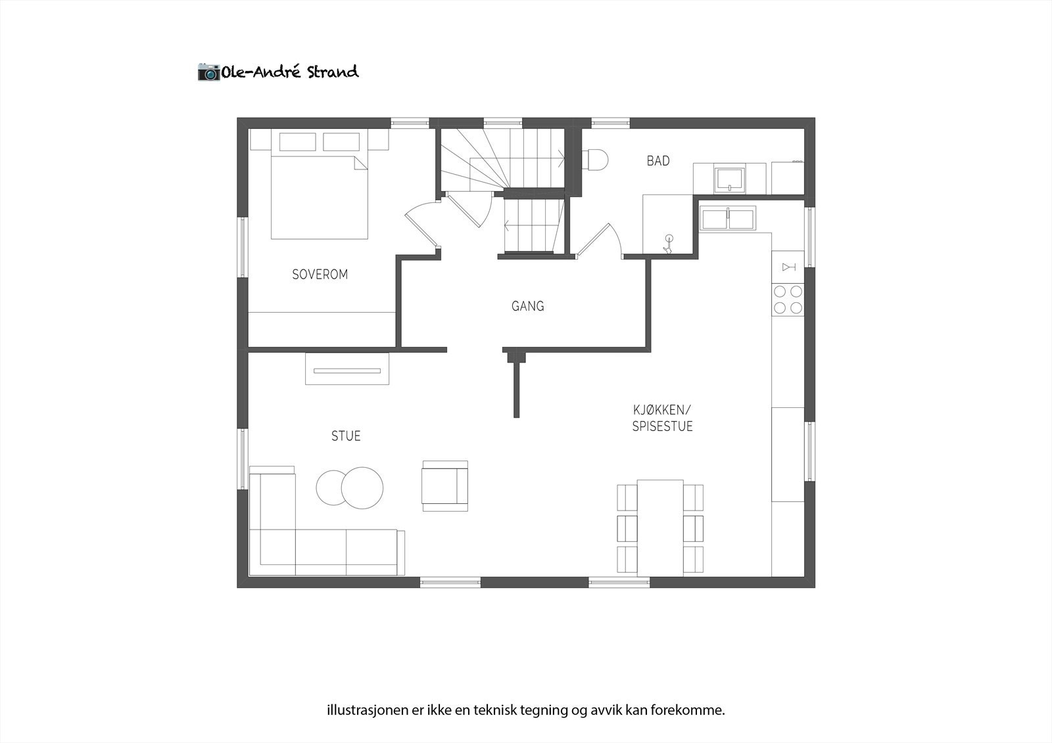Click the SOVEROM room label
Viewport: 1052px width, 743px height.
tap(320, 275)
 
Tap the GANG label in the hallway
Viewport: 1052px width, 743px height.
tap(527, 306)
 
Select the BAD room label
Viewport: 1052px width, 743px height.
tap(657, 161)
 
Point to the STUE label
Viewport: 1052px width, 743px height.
tap(346, 436)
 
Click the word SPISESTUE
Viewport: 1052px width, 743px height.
tap(662, 426)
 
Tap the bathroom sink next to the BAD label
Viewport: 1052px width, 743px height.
tap(730, 179)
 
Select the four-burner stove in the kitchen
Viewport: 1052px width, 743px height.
tap(788, 299)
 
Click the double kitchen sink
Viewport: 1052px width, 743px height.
tap(727, 217)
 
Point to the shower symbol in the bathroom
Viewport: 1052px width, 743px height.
tap(669, 244)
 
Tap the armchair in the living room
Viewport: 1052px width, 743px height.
tap(445, 485)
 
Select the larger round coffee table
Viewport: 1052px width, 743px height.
tap(362, 487)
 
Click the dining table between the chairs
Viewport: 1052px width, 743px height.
tap(660, 527)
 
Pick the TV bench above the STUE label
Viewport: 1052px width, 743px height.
tap(347, 369)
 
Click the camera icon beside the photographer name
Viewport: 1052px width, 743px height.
tap(209, 72)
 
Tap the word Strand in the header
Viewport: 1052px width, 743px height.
tap(333, 72)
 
